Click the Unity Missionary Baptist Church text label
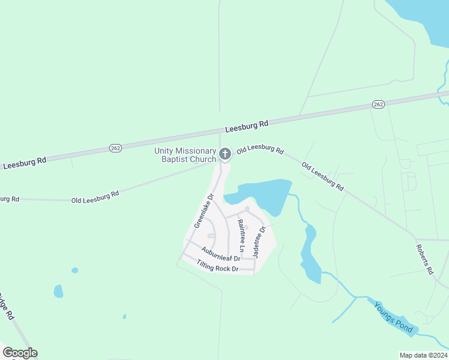(185, 155)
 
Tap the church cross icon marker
(225, 154)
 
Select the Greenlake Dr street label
(204, 211)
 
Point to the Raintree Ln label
(241, 236)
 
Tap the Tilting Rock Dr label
(218, 266)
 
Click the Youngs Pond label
(393, 317)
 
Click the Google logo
(20, 353)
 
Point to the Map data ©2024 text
(423, 355)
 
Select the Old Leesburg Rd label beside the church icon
(260, 149)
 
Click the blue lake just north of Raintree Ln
(262, 193)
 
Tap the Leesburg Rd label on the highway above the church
(247, 126)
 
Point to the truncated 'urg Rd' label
(10, 199)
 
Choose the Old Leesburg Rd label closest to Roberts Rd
(322, 176)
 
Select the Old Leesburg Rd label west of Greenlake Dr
(95, 196)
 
